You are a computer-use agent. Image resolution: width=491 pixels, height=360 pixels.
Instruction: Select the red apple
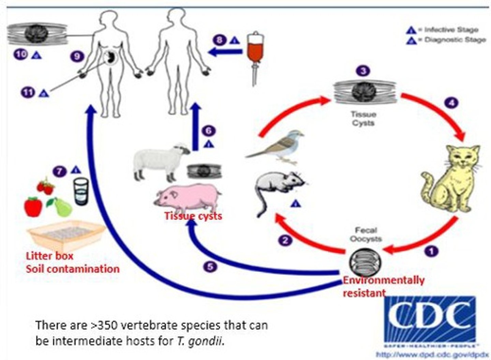click(x=33, y=207)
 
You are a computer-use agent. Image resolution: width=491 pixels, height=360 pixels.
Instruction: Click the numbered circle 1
click(x=431, y=251)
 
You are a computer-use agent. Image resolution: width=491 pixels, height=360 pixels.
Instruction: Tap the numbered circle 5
click(x=210, y=266)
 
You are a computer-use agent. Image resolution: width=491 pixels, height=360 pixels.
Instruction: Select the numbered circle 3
click(x=363, y=71)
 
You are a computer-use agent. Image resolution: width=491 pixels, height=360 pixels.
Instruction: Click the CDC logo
click(x=430, y=319)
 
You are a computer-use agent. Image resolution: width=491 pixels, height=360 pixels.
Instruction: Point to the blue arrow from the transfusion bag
click(x=225, y=52)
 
